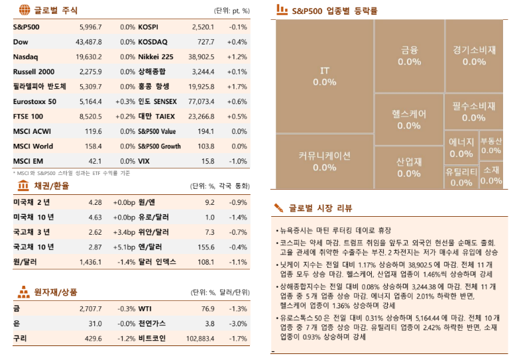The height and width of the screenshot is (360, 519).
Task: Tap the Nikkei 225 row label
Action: (155, 57)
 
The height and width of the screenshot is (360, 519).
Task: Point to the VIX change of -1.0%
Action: (238, 161)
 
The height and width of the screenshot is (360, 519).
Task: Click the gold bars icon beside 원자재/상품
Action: (23, 292)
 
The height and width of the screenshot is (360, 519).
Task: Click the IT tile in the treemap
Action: (324, 76)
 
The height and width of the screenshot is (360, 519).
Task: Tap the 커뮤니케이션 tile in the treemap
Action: (324, 161)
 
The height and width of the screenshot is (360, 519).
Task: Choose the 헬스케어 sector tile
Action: (409, 119)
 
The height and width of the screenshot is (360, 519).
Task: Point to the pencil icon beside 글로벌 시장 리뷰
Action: (279, 208)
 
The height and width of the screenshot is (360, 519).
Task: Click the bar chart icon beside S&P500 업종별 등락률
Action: (281, 11)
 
